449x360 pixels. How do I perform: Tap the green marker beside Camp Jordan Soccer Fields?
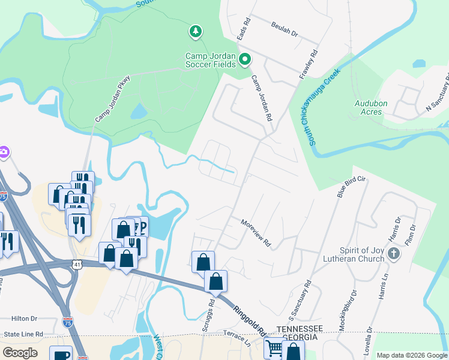(244, 59)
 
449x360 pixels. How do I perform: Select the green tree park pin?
(194, 31)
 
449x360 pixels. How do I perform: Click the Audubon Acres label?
(371, 107)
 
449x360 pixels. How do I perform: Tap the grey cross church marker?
(394, 254)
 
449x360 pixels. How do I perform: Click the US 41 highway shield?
(76, 263)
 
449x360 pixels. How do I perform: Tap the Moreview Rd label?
(256, 233)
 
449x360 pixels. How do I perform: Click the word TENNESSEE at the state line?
(300, 329)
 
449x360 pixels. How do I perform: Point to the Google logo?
(20, 352)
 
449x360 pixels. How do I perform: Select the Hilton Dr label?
(25, 319)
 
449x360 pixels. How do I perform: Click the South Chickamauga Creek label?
(324, 107)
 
